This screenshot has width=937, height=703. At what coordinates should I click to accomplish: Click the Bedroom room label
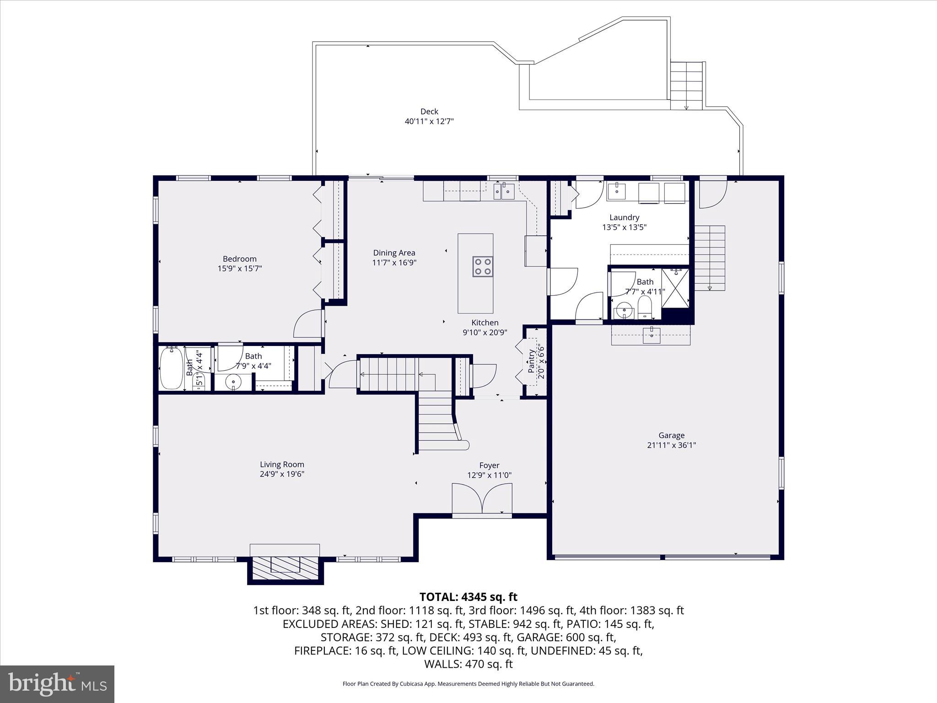tap(240, 259)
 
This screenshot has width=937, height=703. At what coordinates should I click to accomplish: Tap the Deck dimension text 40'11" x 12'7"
tap(429, 121)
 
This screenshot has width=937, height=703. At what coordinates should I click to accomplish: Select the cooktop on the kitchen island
tap(483, 267)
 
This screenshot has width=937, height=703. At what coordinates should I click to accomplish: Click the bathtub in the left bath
tap(172, 368)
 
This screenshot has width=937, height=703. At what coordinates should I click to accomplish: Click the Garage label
tap(672, 435)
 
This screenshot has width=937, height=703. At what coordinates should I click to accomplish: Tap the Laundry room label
tap(624, 217)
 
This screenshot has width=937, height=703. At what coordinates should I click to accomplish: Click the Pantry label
tap(531, 361)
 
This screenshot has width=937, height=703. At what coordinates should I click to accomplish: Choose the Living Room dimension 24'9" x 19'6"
tap(282, 474)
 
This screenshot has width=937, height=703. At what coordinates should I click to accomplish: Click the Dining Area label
tap(394, 253)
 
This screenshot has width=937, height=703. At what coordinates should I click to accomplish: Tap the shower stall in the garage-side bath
tap(675, 288)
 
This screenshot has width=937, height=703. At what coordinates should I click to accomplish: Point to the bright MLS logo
tap(57, 684)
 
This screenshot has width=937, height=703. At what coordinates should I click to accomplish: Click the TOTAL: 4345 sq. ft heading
tap(468, 597)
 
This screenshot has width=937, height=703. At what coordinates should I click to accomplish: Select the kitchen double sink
tap(504, 191)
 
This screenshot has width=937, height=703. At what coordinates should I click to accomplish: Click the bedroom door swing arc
tap(307, 324)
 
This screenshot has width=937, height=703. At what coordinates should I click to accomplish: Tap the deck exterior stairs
tap(686, 86)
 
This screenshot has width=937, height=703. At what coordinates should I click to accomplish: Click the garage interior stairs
tap(710, 258)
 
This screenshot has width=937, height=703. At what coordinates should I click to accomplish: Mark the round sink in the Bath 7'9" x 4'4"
tap(233, 381)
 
